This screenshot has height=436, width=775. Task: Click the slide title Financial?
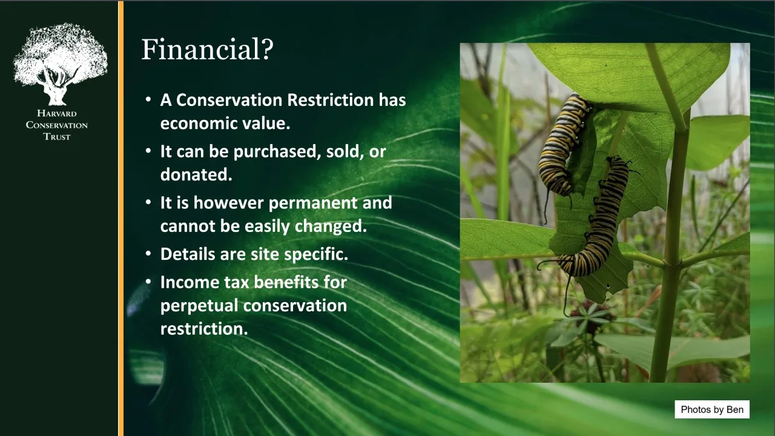(x=207, y=49)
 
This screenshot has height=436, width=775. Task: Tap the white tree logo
(x=60, y=64)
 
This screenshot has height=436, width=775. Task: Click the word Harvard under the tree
(x=57, y=113)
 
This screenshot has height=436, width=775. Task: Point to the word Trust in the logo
(x=57, y=137)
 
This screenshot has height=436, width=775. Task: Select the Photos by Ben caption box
(x=712, y=409)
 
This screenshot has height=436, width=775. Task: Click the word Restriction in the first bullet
(x=331, y=100)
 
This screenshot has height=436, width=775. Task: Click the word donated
(x=196, y=174)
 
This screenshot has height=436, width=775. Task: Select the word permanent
(x=313, y=203)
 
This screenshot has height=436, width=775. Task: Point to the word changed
(x=331, y=226)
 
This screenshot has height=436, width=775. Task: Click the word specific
(x=316, y=254)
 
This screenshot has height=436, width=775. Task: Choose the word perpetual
(x=199, y=306)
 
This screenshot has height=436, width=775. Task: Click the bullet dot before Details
(x=148, y=254)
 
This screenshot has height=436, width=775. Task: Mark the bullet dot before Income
(x=148, y=282)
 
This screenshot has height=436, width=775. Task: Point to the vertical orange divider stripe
(x=120, y=219)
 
